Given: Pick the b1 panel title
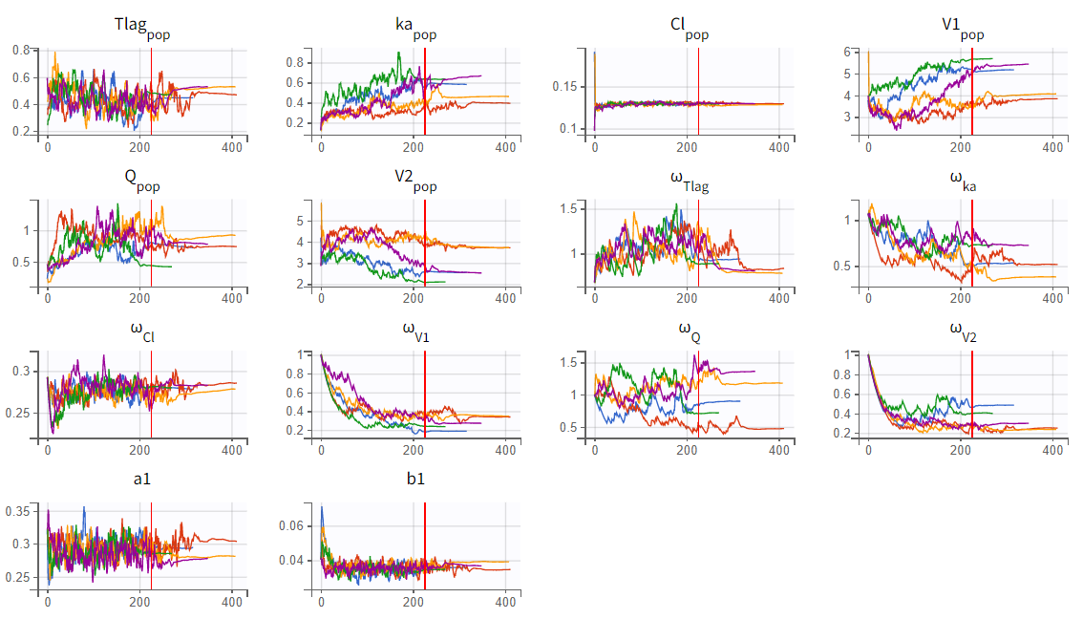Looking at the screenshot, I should coord(415,479).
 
